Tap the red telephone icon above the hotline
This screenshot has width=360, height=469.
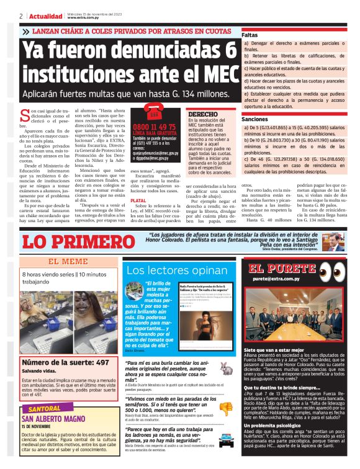pos(151,113)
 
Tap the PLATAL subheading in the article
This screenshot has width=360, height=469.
pos(138,201)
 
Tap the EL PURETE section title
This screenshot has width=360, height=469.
pos(277,269)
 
